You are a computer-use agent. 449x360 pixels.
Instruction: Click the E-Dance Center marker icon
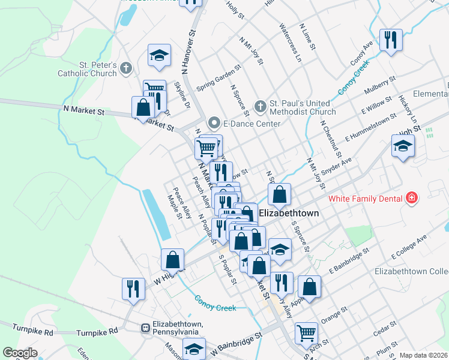pos(214,124)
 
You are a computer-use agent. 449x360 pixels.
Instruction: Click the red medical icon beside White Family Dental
pos(411,197)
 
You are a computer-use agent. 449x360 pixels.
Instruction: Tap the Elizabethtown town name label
pos(289,213)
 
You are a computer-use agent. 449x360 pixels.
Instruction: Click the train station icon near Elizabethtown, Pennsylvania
pos(145,328)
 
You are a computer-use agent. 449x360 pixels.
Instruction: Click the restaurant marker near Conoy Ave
pos(391,40)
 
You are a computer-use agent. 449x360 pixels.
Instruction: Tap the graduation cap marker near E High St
pos(403,145)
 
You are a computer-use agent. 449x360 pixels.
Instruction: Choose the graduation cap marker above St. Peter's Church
pos(158,55)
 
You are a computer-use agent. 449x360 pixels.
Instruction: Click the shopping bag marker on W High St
pos(172,260)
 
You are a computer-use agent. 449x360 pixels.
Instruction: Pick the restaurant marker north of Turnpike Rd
pos(133,289)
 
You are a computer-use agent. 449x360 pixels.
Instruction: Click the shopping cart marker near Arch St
pos(306,332)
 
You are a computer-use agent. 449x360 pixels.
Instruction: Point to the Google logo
pos(20,353)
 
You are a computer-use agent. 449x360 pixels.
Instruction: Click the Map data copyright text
pos(423,355)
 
